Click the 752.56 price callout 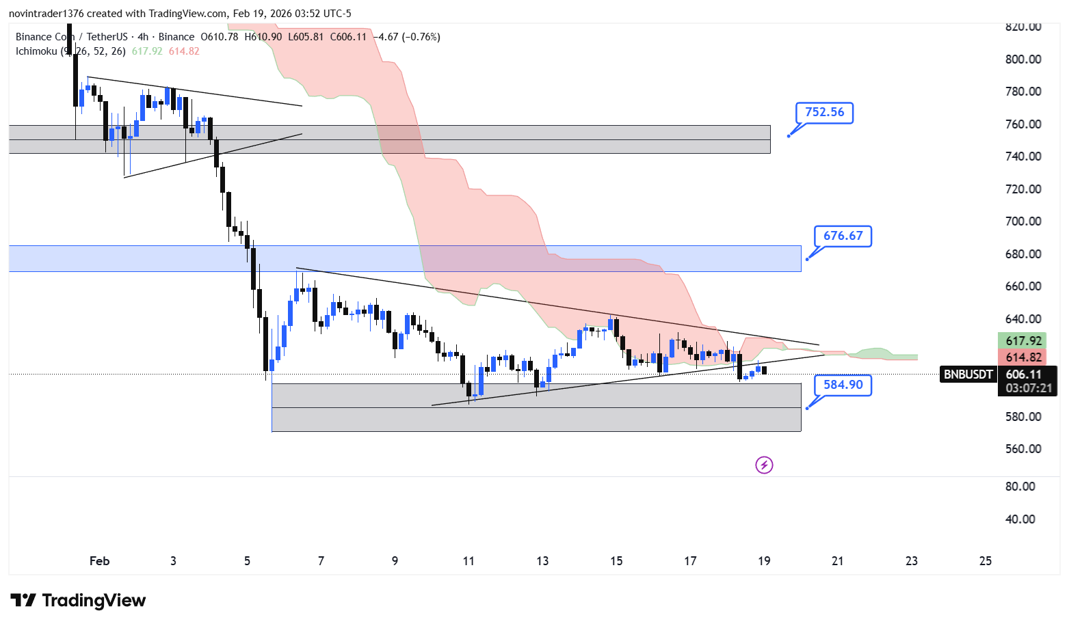824,112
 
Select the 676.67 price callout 843,236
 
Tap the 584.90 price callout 843,385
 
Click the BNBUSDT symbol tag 968,375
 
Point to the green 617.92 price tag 1023,340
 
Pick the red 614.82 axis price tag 1023,357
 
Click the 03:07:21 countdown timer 1028,388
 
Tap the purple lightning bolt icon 764,465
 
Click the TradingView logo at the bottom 78,601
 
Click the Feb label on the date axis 99,561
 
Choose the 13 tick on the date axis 542,561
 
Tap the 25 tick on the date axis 985,561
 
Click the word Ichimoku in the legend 36,51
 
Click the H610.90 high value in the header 263,37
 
